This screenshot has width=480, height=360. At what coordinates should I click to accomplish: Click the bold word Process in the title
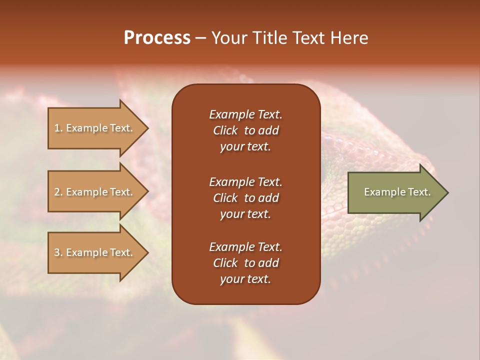pyautogui.click(x=157, y=38)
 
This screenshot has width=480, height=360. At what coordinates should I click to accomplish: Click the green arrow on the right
pyautogui.click(x=395, y=192)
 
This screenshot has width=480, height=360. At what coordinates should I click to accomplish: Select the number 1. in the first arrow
pyautogui.click(x=58, y=128)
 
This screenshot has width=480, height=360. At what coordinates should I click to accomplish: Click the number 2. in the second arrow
pyautogui.click(x=58, y=192)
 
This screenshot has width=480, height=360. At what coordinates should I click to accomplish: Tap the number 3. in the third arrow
pyautogui.click(x=58, y=252)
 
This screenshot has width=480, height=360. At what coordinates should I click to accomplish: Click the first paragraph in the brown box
pyautogui.click(x=245, y=130)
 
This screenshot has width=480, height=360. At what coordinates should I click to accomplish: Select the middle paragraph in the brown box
pyautogui.click(x=245, y=198)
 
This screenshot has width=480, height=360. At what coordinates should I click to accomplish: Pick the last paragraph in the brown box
pyautogui.click(x=245, y=263)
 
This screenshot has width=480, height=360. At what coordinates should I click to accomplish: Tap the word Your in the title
pyautogui.click(x=227, y=38)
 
